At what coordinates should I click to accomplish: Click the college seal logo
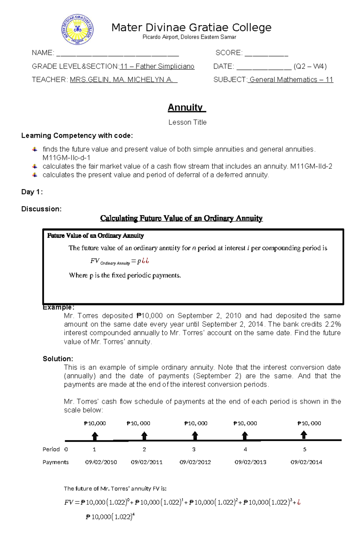pos(78,30)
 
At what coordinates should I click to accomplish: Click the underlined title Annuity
pos(187,107)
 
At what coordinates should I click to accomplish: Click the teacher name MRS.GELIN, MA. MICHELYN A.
pos(123,80)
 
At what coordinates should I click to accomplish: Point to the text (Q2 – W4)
pos(310,67)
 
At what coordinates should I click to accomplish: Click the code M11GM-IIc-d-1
pos(66,158)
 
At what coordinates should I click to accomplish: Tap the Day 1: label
pos(32,192)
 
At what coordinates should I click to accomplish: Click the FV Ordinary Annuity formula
pos(119,261)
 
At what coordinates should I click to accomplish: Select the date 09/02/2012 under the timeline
pos(195,462)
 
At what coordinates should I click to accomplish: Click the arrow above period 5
pos(304,435)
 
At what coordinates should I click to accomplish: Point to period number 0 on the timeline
pos(66,449)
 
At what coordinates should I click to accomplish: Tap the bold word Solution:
pos(58,359)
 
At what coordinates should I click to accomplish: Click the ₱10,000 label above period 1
pos(95,423)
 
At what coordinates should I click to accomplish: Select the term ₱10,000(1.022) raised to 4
pos(110,517)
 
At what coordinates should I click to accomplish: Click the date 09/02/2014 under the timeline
pos(306,462)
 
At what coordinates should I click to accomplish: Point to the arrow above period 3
pos(195,436)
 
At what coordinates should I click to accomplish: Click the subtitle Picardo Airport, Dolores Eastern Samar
pos(189,37)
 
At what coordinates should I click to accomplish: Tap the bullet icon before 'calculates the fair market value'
pos(35,166)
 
